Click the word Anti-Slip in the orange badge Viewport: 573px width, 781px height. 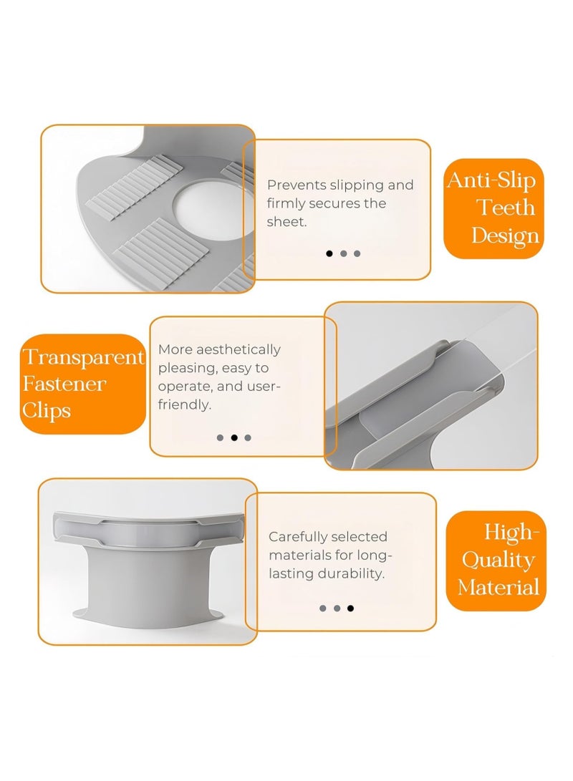point(492,181)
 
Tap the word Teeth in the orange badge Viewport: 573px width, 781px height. point(505,207)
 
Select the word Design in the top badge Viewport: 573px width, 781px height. point(505,236)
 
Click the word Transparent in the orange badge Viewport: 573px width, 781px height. point(83,358)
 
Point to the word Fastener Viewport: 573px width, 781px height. point(64,384)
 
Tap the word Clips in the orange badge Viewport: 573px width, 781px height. point(47,412)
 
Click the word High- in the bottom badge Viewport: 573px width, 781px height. point(511,532)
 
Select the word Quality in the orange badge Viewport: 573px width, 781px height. point(499,561)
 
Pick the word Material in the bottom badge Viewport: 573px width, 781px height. point(499,587)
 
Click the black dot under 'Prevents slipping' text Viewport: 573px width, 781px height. point(329,253)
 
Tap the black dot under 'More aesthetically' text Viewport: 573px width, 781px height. point(234,438)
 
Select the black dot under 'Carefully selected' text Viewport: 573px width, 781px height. point(350,608)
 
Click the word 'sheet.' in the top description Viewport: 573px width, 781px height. point(286,222)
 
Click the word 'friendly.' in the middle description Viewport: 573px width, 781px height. point(184,404)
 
